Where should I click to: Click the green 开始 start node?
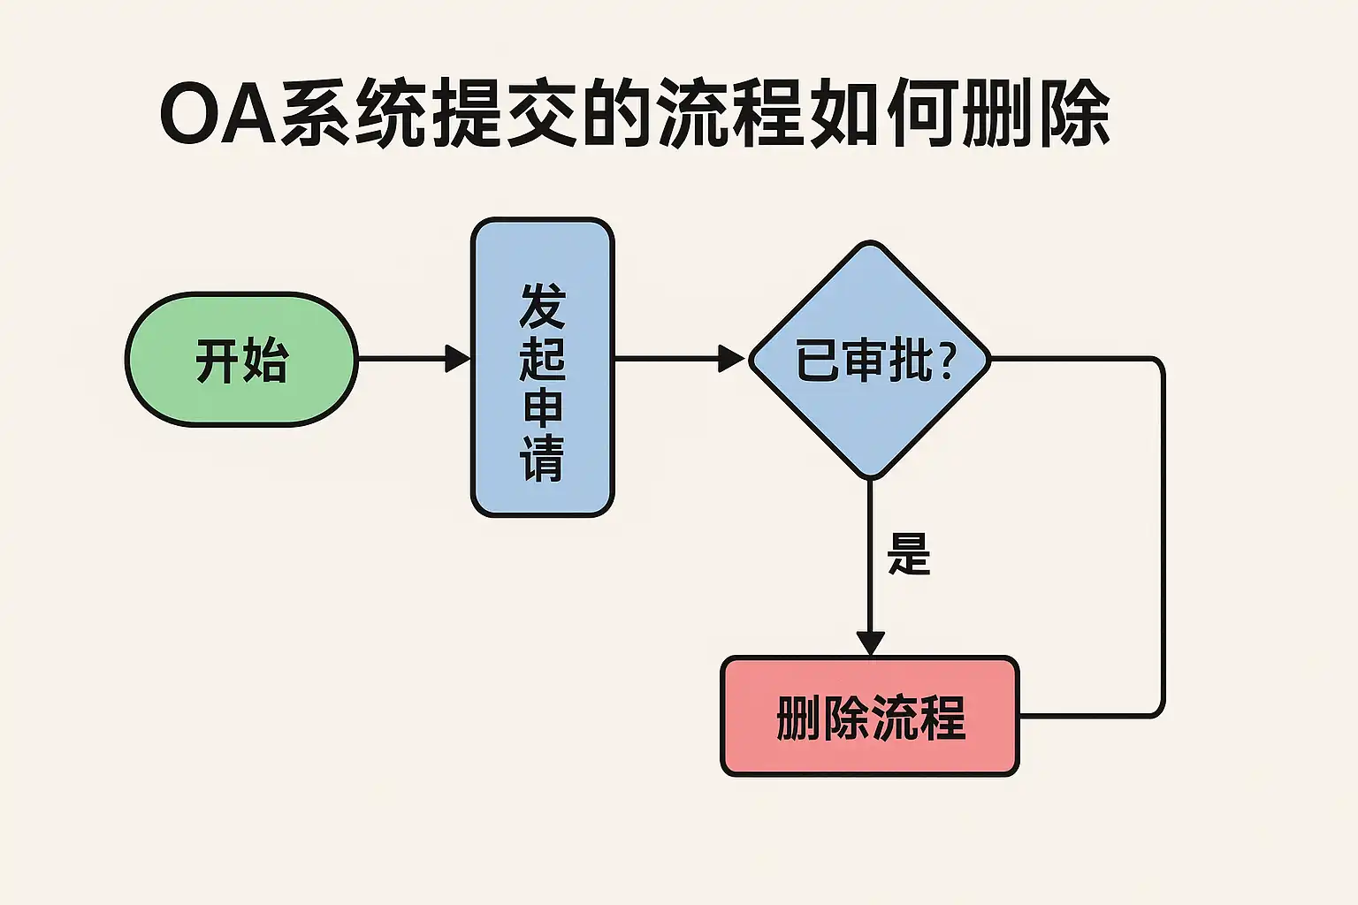(241, 360)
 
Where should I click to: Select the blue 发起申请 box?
(542, 367)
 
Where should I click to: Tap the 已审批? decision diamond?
(870, 361)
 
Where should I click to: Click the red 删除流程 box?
(870, 717)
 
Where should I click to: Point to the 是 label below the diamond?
(909, 554)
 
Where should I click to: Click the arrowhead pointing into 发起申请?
(458, 359)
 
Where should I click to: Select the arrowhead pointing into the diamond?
(732, 359)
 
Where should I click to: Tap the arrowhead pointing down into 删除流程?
(870, 643)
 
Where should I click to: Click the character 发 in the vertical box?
(542, 307)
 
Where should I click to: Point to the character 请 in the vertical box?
(542, 459)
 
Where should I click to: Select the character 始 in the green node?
(265, 361)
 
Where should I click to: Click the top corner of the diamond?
(870, 244)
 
